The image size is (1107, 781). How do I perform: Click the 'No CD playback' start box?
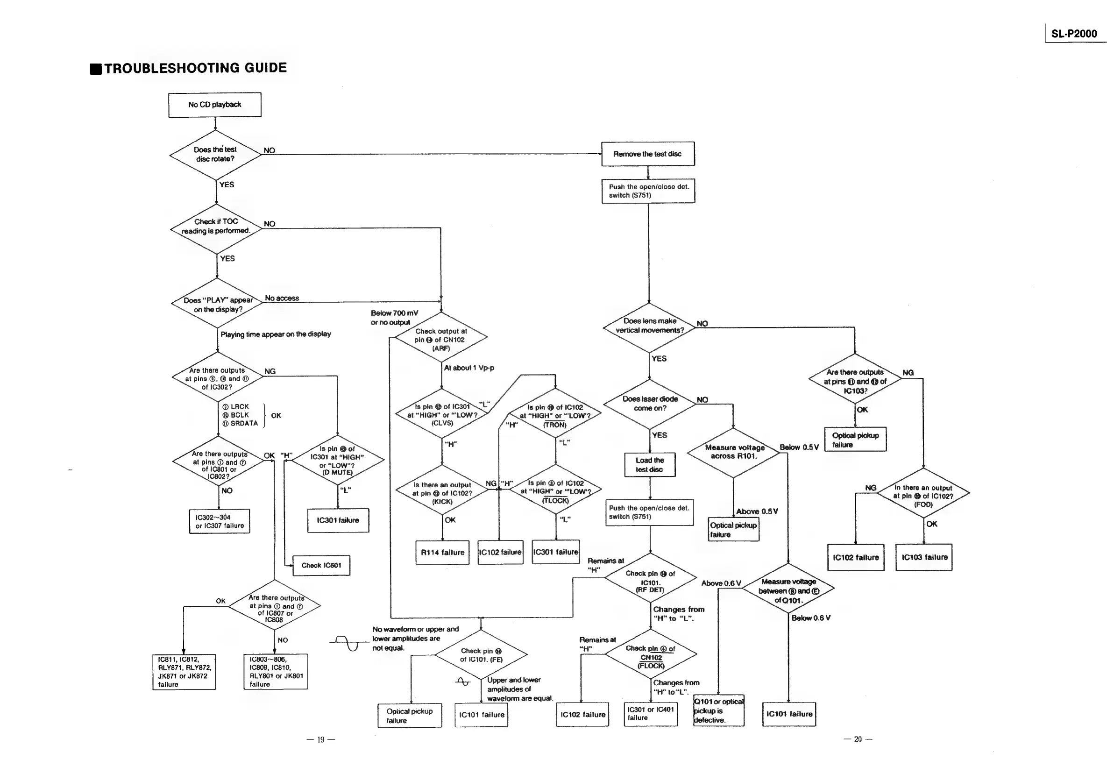[x=214, y=105]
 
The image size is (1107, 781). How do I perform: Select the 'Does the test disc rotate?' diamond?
[x=215, y=154]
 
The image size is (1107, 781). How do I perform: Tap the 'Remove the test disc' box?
[x=647, y=154]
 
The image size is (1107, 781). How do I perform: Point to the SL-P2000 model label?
[x=1074, y=34]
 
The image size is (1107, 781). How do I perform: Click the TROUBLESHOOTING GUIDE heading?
[x=195, y=68]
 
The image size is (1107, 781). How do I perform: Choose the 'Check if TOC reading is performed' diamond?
[x=216, y=227]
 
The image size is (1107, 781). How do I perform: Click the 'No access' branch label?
[x=282, y=298]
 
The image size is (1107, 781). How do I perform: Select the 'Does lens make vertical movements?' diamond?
[x=649, y=326]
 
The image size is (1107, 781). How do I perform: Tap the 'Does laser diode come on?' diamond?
[x=650, y=404]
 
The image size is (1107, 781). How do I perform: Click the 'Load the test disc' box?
[x=649, y=465]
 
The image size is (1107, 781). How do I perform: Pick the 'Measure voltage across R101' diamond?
[x=734, y=452]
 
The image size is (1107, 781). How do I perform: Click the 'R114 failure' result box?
[x=443, y=553]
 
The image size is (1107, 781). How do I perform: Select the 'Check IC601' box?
[x=321, y=566]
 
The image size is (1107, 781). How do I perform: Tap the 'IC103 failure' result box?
[x=924, y=557]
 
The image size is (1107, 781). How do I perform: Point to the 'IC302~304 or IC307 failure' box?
[x=220, y=521]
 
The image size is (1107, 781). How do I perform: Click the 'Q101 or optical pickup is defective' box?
[x=718, y=710]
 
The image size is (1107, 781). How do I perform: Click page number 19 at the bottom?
[x=320, y=739]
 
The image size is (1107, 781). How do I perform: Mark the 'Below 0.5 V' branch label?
[x=799, y=447]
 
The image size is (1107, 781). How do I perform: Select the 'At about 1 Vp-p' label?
[x=468, y=368]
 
